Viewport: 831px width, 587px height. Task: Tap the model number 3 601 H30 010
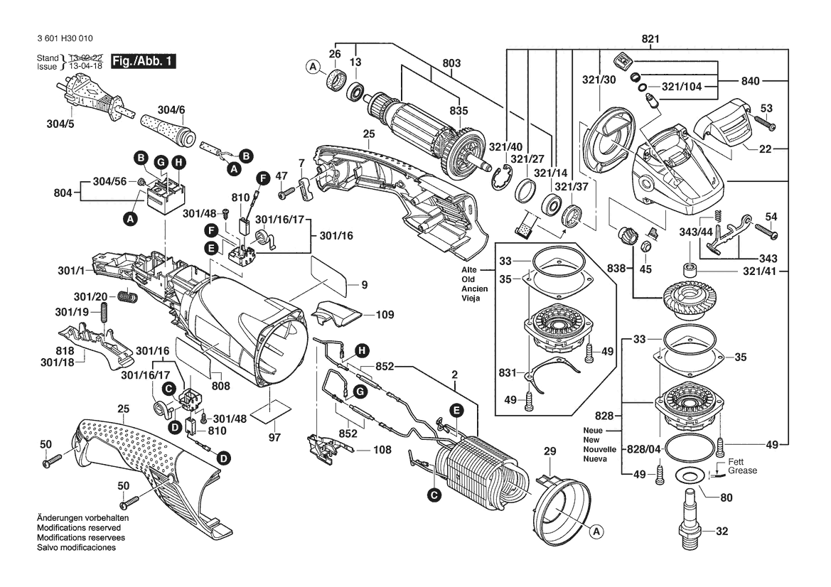click(62, 38)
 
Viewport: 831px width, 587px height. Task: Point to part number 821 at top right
click(650, 38)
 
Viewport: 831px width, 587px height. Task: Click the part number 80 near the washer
click(726, 498)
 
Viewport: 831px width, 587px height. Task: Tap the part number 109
click(385, 314)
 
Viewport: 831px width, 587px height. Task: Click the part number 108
click(382, 450)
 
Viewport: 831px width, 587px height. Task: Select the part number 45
click(645, 269)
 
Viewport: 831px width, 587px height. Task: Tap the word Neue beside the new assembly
click(594, 431)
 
